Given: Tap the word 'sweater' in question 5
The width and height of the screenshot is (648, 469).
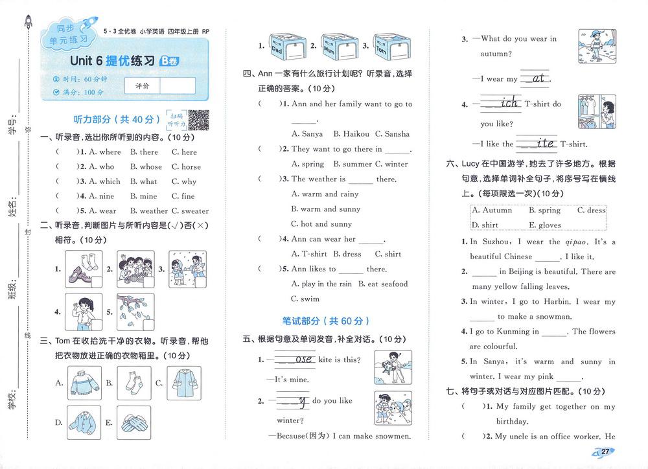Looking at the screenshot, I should click(195, 211).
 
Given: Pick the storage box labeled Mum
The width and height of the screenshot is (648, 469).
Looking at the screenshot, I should click(335, 46).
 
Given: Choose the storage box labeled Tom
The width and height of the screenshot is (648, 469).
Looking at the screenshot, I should click(388, 46).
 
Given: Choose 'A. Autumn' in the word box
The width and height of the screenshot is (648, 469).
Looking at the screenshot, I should click(492, 211).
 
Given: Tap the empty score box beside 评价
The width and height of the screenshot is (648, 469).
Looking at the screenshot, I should click(177, 86).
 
